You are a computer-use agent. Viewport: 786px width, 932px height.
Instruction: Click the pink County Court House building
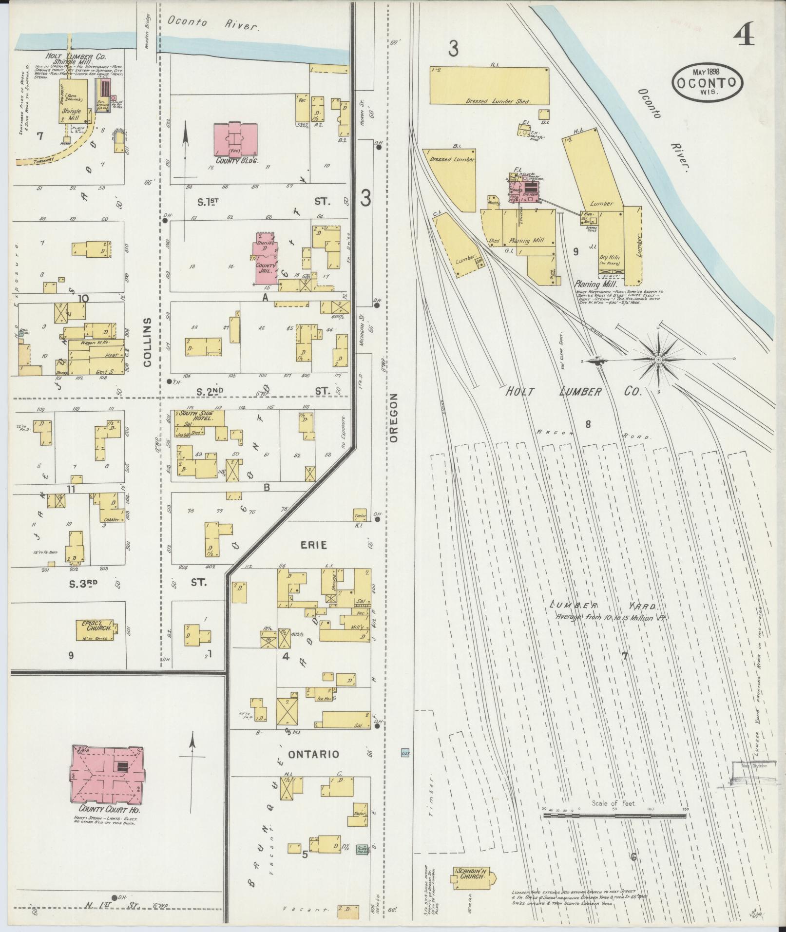coord(108,785)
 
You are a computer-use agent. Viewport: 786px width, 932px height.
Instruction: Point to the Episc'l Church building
coord(94,630)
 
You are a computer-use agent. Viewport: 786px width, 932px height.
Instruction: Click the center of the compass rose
coord(658,360)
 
